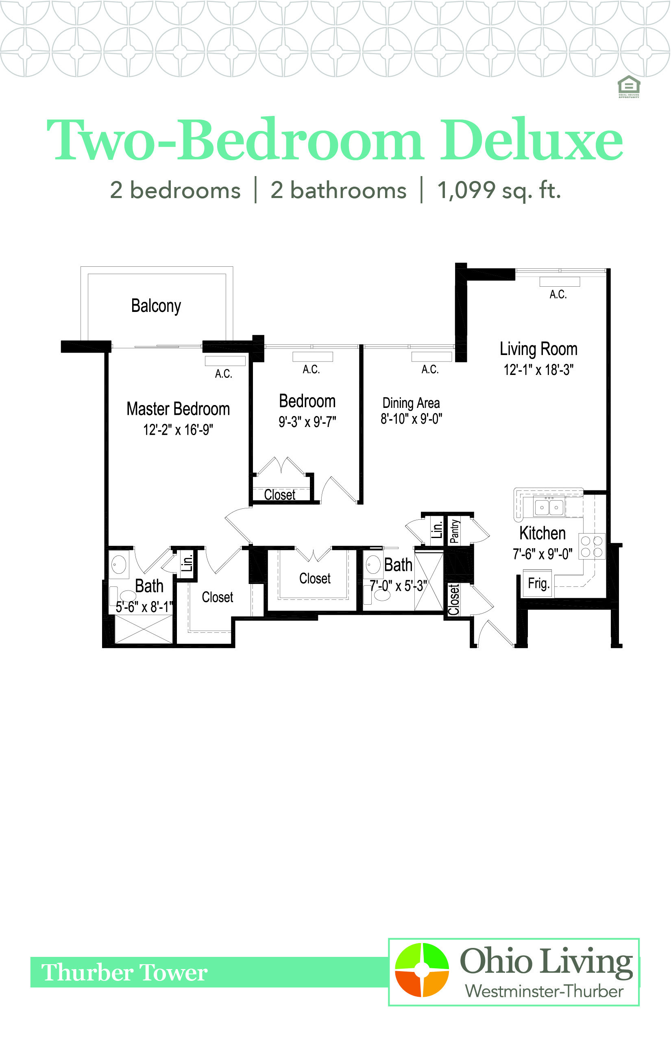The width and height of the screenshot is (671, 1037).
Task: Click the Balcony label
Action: [x=156, y=306]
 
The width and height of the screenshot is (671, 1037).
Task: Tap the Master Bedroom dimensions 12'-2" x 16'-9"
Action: [x=178, y=430]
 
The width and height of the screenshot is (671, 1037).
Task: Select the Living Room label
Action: [x=538, y=349]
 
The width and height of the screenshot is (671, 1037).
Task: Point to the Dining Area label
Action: [x=411, y=403]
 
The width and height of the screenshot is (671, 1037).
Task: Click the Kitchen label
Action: [x=542, y=533]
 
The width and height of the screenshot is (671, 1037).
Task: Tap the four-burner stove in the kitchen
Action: [x=592, y=547]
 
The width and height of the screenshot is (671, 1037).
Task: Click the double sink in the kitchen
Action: [x=549, y=507]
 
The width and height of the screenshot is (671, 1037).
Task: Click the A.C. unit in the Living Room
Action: [x=560, y=281]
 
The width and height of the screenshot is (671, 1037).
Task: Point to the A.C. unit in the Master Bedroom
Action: [x=225, y=361]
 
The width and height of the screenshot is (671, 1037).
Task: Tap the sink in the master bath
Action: [x=118, y=565]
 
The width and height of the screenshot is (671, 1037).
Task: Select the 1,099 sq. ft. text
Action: [x=499, y=190]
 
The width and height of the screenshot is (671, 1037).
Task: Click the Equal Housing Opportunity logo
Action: [x=629, y=86]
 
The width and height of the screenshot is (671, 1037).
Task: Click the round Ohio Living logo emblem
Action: [x=422, y=970]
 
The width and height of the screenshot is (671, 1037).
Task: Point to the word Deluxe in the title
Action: [x=531, y=139]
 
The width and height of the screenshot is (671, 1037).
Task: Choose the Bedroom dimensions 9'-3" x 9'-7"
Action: [x=307, y=422]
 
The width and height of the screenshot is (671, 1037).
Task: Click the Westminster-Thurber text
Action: [x=544, y=991]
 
